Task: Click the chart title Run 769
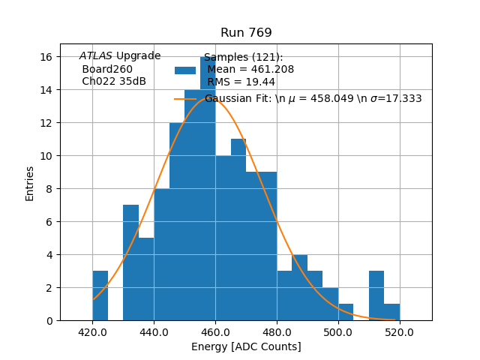click(x=246, y=33)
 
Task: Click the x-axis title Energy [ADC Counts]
click(x=246, y=346)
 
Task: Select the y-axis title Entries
click(x=30, y=183)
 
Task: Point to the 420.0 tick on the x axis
click(x=92, y=331)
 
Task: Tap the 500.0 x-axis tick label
click(x=338, y=331)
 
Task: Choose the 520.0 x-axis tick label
click(x=400, y=331)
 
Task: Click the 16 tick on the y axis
click(x=46, y=57)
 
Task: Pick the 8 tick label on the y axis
click(x=49, y=189)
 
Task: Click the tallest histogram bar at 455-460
click(x=208, y=187)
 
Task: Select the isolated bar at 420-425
click(x=100, y=296)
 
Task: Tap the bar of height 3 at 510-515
click(x=376, y=296)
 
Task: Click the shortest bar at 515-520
click(x=391, y=313)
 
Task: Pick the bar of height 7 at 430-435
click(x=130, y=262)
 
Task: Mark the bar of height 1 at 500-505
click(x=346, y=313)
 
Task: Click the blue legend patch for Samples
click(x=185, y=70)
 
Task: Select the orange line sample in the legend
click(x=185, y=98)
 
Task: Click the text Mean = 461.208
click(x=250, y=70)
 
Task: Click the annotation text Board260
click(x=107, y=70)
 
